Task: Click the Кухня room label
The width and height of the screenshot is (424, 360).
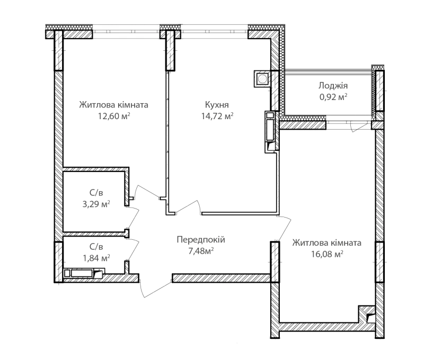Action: [217, 105]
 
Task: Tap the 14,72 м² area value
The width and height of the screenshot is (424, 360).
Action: [217, 116]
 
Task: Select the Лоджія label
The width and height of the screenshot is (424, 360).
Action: [333, 86]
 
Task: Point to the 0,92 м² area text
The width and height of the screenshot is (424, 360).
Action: [333, 97]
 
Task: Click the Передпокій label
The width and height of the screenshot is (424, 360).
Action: [201, 239]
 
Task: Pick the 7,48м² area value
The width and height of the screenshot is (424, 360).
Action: [201, 251]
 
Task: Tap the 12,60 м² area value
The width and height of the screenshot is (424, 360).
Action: [114, 116]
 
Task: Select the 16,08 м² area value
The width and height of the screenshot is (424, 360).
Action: [327, 254]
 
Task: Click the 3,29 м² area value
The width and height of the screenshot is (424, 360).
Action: [96, 204]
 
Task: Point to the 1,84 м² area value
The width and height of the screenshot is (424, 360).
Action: [96, 258]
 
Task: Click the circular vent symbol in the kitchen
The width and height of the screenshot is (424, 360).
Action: [262, 79]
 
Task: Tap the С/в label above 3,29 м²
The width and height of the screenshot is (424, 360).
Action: [96, 193]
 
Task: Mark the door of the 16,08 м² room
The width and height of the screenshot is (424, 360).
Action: [285, 228]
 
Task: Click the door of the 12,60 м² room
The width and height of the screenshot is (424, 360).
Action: [147, 192]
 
